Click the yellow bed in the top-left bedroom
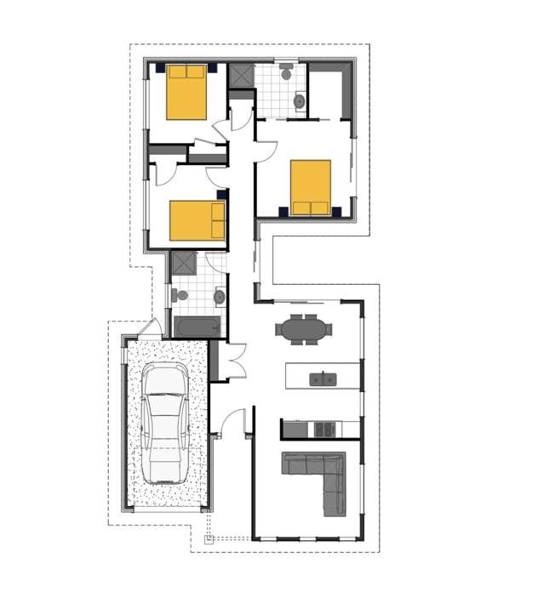point(186,92)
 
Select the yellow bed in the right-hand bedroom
point(311,188)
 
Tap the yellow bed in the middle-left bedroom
point(197,220)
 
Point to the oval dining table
point(301,328)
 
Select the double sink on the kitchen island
point(323,378)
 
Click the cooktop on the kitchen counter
point(324,429)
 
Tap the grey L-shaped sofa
point(318,477)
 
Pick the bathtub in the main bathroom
point(198,327)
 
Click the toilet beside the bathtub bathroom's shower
point(180,295)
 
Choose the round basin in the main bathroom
point(219,297)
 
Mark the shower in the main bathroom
point(184,262)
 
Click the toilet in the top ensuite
point(287,73)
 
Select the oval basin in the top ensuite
point(300,102)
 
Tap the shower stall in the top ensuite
point(241,76)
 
